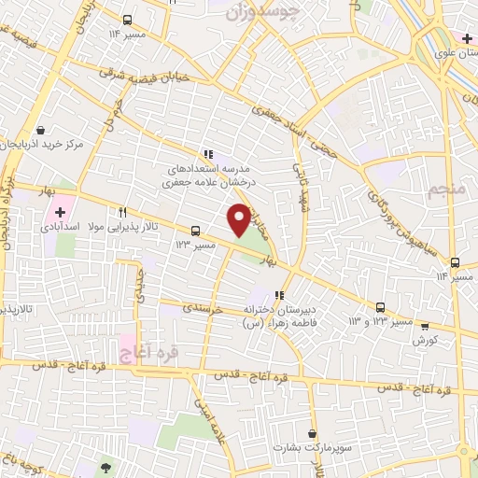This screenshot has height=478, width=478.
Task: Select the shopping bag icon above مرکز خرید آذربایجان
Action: click(x=40, y=131)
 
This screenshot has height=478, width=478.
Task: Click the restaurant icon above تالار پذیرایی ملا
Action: click(x=122, y=212)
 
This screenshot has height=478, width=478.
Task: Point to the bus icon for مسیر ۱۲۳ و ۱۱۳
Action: click(x=380, y=307)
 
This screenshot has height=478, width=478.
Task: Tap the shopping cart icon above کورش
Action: click(x=425, y=327)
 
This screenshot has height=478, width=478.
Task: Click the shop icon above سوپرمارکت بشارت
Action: click(x=313, y=435)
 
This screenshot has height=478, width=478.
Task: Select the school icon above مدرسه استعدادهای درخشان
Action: click(x=207, y=154)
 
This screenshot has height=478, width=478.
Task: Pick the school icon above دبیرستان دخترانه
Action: click(x=279, y=296)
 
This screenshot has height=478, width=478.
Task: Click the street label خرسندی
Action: click(x=201, y=306)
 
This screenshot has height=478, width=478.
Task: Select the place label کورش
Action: click(x=425, y=341)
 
